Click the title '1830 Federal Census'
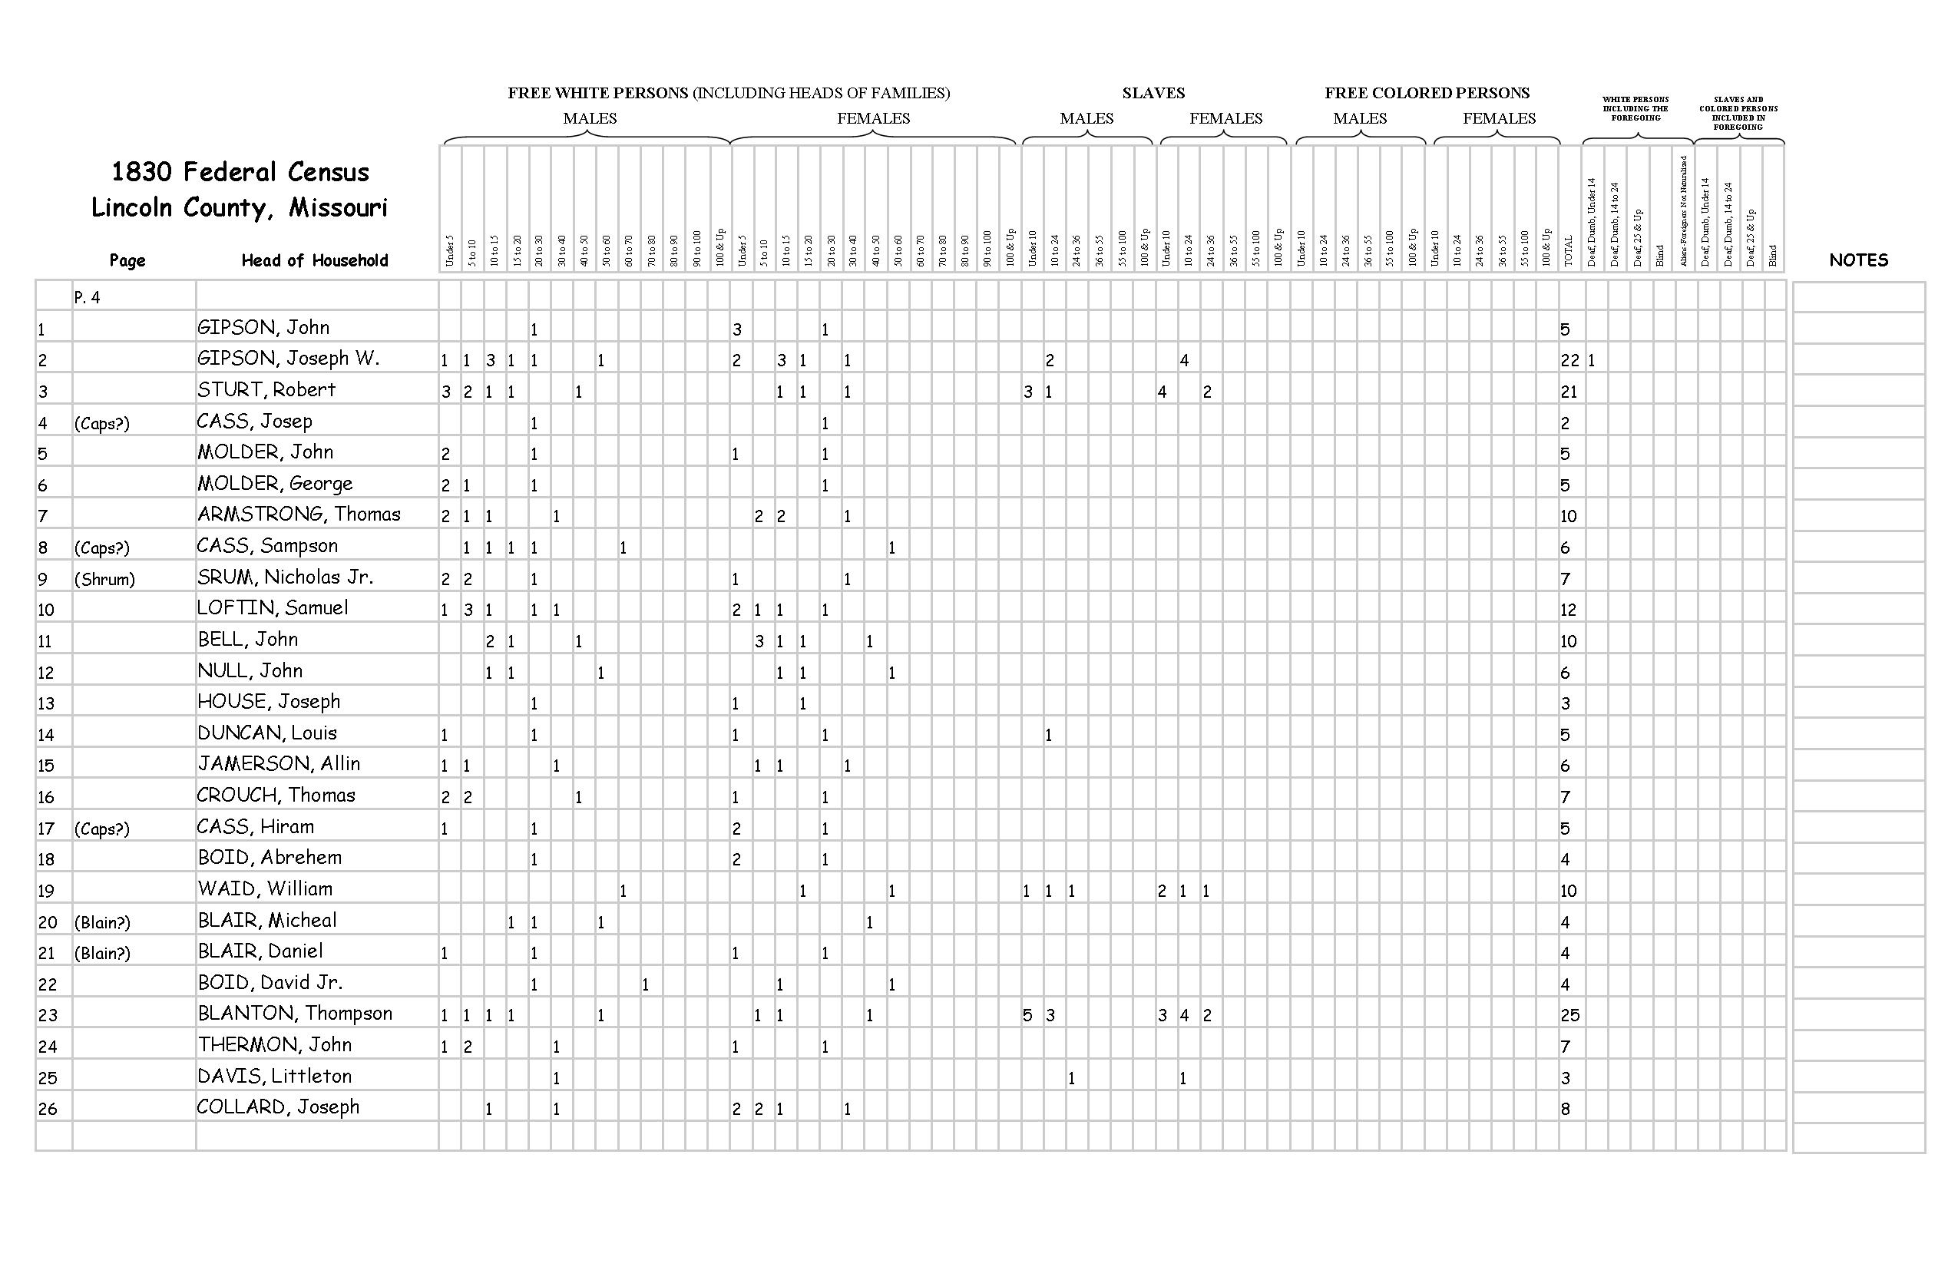pyautogui.click(x=240, y=172)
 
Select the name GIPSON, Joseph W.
pyautogui.click(x=288, y=359)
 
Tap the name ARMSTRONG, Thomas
pyautogui.click(x=299, y=515)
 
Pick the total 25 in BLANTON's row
pyautogui.click(x=1569, y=1015)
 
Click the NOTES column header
pyautogui.click(x=1857, y=260)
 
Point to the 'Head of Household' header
pyautogui.click(x=314, y=261)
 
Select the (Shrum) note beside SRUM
pyautogui.click(x=104, y=579)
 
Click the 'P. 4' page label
pyautogui.click(x=88, y=298)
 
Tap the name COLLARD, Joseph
pyautogui.click(x=278, y=1107)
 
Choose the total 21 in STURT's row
pyautogui.click(x=1569, y=392)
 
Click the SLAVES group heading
pyautogui.click(x=1153, y=93)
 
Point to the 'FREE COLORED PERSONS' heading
pyautogui.click(x=1427, y=93)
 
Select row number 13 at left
pyautogui.click(x=46, y=703)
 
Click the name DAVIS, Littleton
pyautogui.click(x=274, y=1076)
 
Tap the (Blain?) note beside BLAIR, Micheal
pyautogui.click(x=102, y=922)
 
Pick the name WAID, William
pyautogui.click(x=265, y=889)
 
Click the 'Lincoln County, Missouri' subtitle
pyautogui.click(x=240, y=207)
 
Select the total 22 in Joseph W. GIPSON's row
pyautogui.click(x=1569, y=360)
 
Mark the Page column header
pyautogui.click(x=127, y=261)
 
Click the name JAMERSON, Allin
pyautogui.click(x=279, y=764)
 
